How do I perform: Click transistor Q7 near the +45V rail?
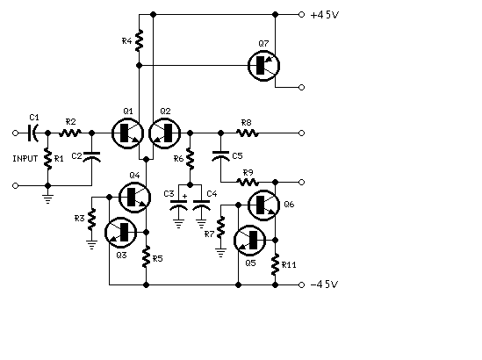(x=263, y=66)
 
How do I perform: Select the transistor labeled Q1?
(x=127, y=133)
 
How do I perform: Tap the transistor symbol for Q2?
(x=165, y=133)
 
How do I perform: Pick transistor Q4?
(x=134, y=197)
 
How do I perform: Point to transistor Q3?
(x=121, y=233)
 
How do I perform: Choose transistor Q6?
(x=263, y=205)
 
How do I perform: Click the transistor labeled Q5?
(x=250, y=241)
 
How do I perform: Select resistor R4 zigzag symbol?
(x=139, y=40)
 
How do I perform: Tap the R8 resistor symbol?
(x=248, y=133)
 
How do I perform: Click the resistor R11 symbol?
(x=275, y=264)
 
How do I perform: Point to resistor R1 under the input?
(x=48, y=159)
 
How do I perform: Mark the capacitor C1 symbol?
(x=32, y=133)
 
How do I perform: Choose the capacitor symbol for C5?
(x=220, y=156)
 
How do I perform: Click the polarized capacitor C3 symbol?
(x=178, y=205)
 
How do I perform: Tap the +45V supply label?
(x=325, y=15)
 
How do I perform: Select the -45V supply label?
(x=325, y=284)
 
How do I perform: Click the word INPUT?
(x=25, y=159)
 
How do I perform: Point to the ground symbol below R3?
(x=91, y=245)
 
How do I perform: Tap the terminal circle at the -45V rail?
(x=301, y=285)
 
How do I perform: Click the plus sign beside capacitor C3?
(x=184, y=196)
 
